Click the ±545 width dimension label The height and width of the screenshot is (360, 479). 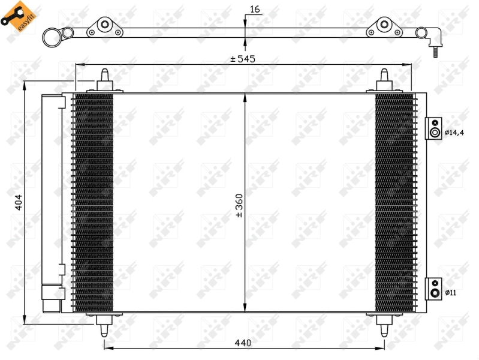point(243,59)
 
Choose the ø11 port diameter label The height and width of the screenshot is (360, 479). point(451,292)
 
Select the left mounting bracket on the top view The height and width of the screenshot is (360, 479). point(106,26)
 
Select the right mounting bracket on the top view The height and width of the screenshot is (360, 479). point(382,26)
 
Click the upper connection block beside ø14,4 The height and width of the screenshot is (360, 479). point(433,128)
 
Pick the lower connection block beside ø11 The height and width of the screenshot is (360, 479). point(433,288)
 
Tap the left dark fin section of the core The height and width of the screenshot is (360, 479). point(92,202)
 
